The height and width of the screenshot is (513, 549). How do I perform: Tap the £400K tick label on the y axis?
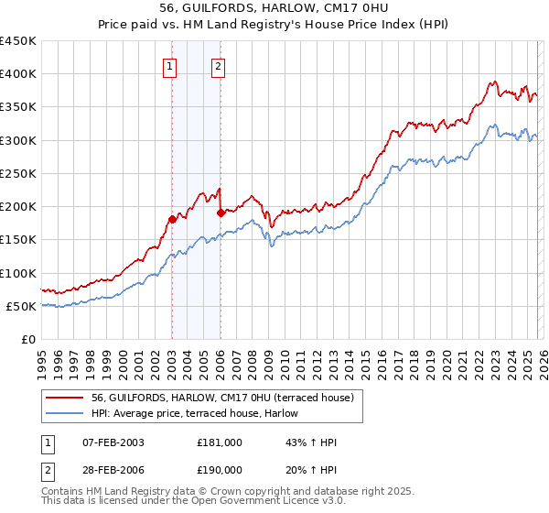coord(18,74)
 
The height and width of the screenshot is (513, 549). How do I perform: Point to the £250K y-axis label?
coord(18,173)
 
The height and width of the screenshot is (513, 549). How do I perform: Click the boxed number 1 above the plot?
coord(171,65)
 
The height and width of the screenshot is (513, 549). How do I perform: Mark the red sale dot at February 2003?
coord(172,219)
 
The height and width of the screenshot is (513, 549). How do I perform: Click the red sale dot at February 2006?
coord(221,213)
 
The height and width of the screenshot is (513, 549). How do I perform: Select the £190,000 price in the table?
coord(219,470)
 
